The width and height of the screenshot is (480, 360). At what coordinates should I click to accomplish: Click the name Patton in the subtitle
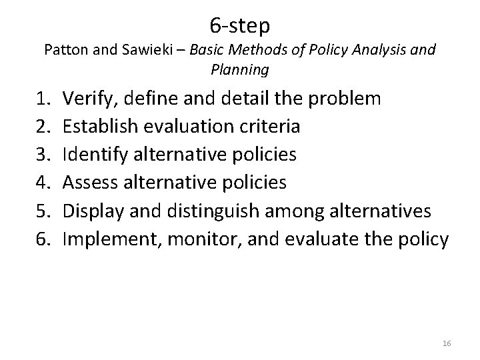coord(65,49)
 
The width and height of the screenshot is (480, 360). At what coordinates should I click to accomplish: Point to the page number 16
coord(447,343)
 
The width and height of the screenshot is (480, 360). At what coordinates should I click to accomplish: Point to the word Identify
coord(93,154)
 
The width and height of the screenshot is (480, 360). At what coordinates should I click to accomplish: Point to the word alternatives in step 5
coord(381,211)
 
